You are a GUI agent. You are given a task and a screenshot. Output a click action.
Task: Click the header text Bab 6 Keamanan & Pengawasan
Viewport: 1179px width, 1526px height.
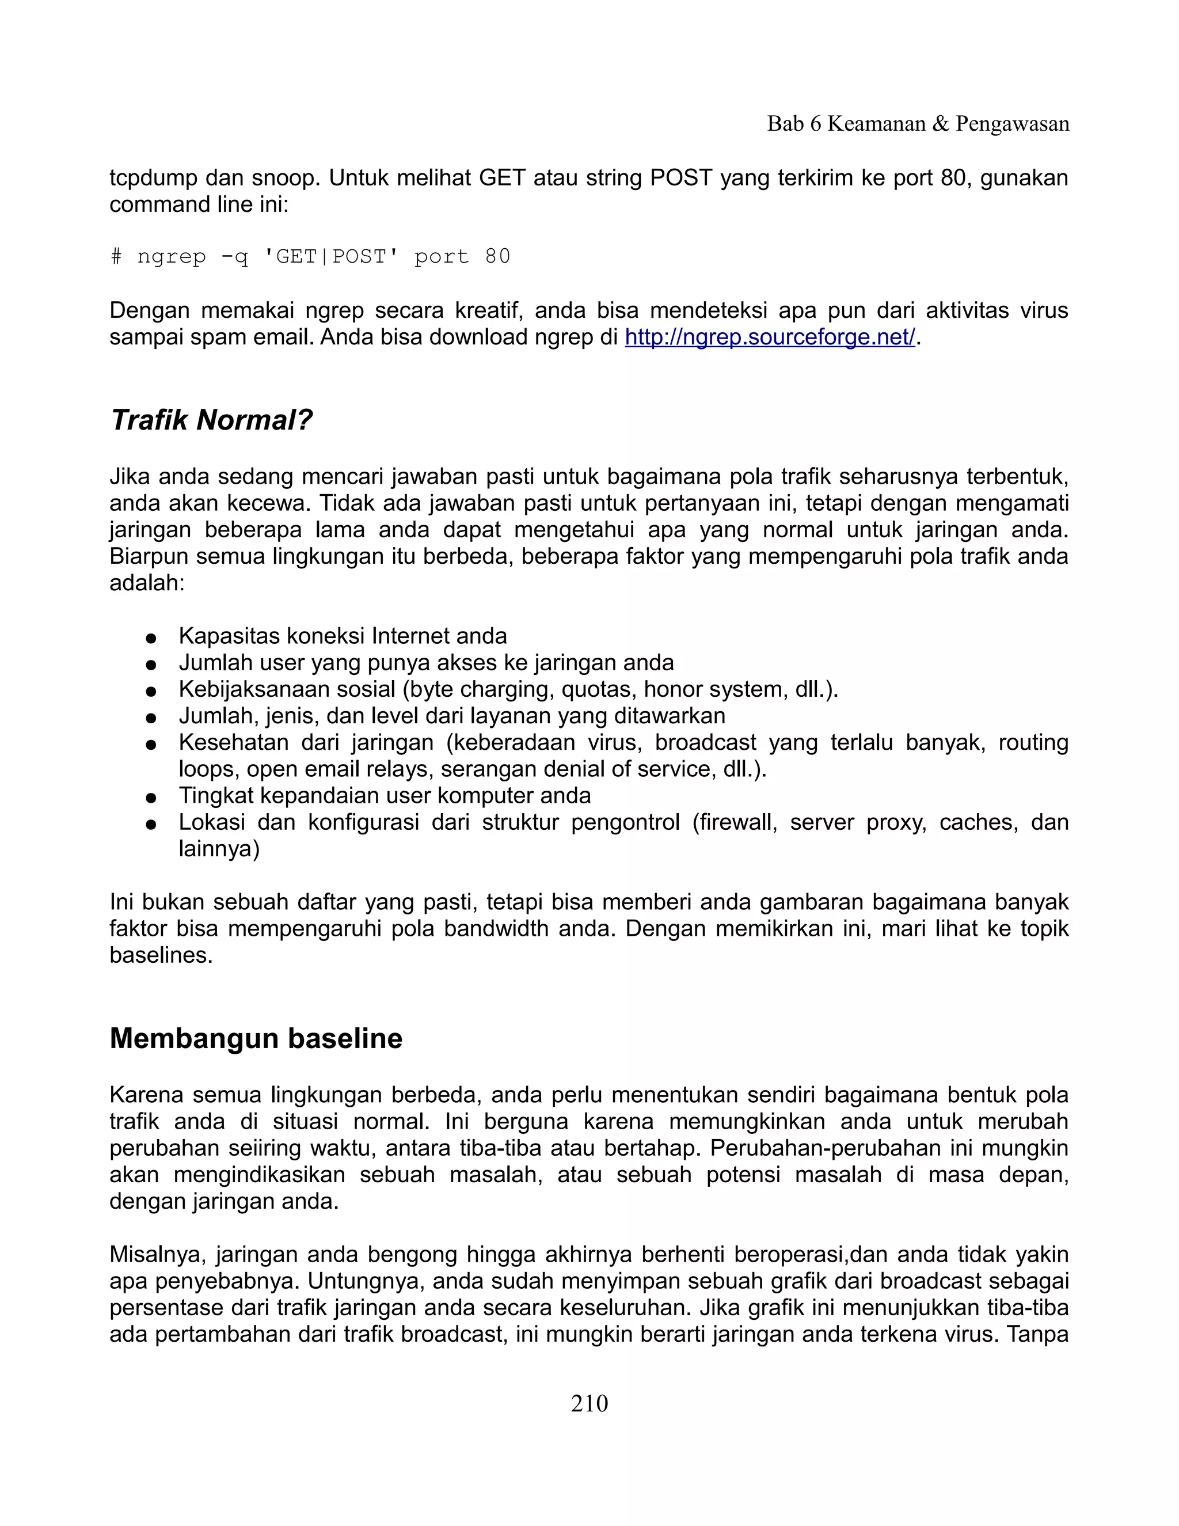918,124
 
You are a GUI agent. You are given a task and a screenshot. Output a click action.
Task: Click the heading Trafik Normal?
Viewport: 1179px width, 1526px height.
211,420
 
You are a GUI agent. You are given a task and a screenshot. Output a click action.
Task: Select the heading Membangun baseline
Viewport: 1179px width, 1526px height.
256,1038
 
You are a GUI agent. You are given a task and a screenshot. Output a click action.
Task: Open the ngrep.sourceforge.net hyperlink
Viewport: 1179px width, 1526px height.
770,337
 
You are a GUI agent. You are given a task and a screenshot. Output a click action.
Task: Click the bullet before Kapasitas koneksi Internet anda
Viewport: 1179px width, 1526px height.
150,637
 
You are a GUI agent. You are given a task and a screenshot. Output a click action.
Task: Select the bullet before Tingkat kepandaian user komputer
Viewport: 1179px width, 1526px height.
150,796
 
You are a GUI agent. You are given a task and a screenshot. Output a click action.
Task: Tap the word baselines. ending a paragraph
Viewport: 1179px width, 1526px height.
161,955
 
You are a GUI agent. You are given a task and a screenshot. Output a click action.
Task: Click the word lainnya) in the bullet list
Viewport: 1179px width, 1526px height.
219,849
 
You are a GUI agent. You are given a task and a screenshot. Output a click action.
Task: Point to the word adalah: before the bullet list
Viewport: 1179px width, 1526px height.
147,583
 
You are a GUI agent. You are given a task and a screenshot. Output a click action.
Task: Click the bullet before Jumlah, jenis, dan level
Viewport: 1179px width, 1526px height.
150,717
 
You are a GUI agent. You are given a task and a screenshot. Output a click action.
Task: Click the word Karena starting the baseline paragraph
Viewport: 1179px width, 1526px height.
147,1095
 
